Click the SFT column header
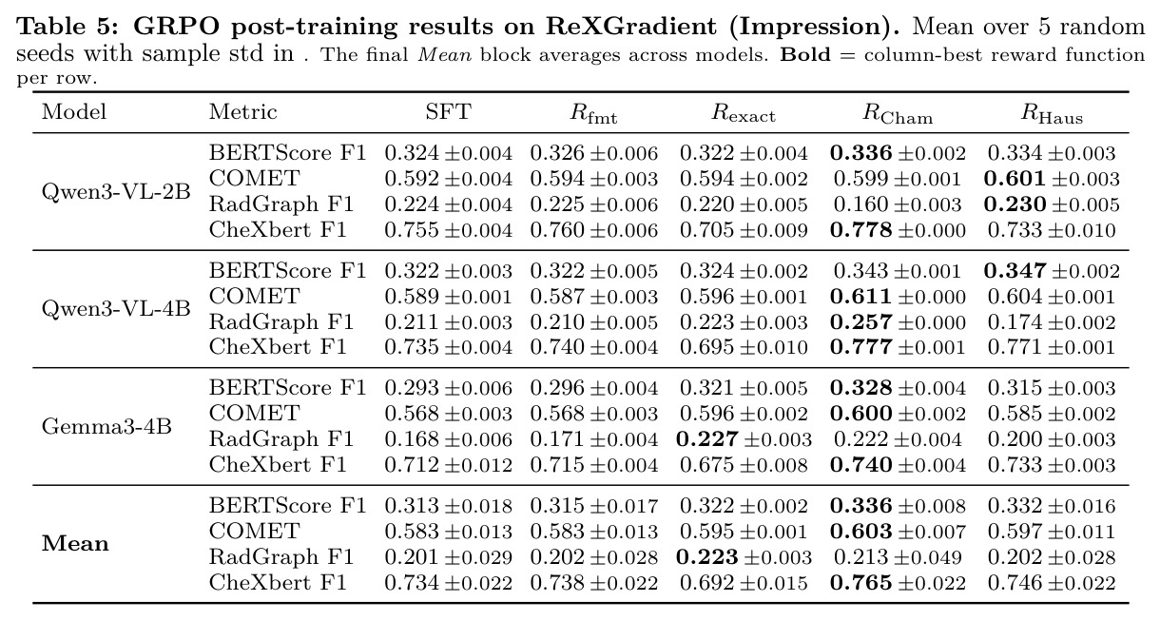449,112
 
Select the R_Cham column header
898,114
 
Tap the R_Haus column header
1052,114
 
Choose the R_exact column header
744,114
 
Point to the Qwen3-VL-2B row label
116,192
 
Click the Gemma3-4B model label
106,426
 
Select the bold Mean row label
75,544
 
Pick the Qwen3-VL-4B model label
116,309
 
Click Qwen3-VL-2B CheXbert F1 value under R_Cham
898,230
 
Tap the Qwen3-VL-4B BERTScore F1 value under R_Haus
1052,271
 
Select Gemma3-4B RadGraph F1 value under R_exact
744,439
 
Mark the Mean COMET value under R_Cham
898,532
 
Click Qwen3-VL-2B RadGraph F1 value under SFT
448,204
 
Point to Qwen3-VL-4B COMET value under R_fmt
594,297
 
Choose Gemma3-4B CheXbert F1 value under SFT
448,465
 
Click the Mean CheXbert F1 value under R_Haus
1052,583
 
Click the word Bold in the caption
804,54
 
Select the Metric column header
242,112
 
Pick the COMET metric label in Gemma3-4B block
254,414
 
